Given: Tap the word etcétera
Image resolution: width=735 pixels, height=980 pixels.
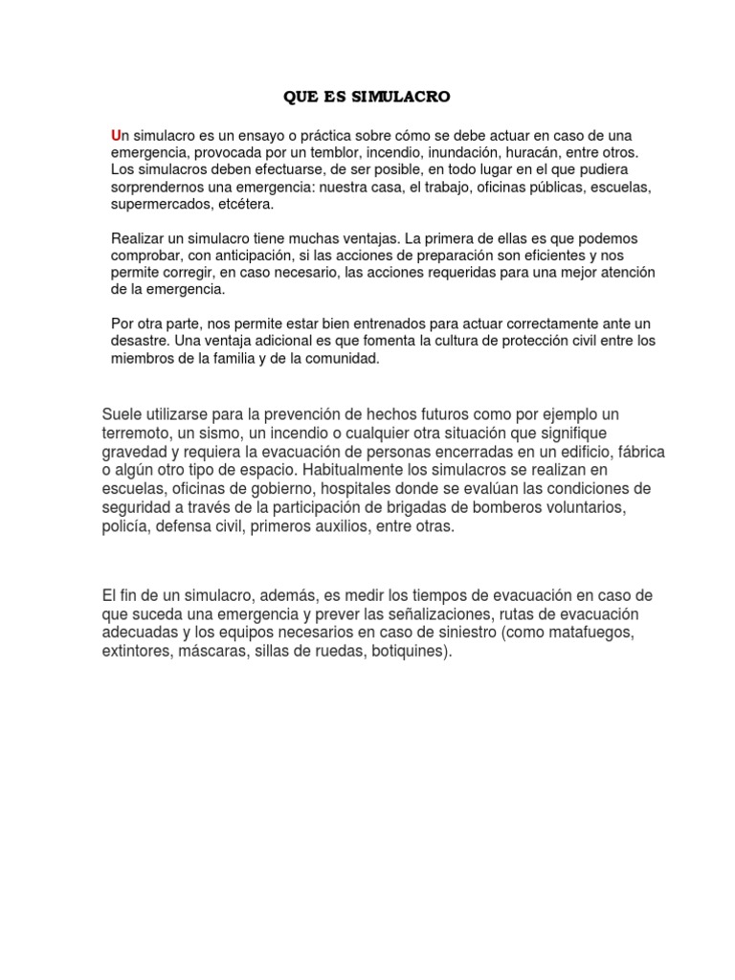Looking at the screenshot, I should pos(246,204).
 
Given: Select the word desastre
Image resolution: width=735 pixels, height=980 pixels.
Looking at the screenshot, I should pos(140,341).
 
